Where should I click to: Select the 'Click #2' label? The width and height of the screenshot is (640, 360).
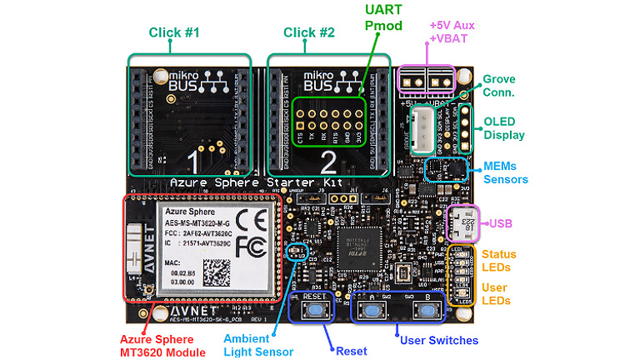[308, 32]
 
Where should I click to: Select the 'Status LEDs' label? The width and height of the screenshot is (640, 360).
[499, 260]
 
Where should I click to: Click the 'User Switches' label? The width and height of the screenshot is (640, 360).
[439, 340]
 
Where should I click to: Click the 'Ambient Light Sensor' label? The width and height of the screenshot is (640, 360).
[258, 345]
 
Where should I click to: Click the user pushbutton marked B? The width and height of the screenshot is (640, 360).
[428, 311]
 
